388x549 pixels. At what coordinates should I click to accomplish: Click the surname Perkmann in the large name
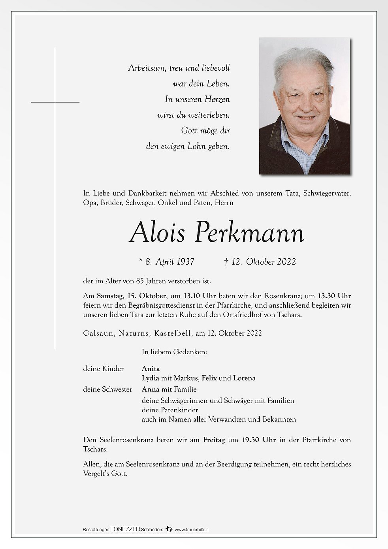point(250,233)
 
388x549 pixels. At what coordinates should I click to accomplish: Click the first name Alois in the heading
point(157,233)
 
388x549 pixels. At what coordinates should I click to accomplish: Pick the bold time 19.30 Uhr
point(259,440)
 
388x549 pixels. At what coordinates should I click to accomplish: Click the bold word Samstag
point(110,296)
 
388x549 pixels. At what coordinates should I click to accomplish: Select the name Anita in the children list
point(151,369)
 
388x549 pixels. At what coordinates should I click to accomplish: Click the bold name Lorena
point(244,378)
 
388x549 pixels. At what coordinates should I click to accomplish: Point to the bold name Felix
point(209,378)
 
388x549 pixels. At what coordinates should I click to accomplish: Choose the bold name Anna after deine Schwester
point(151,389)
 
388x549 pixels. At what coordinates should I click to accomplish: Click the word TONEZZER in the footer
point(125,530)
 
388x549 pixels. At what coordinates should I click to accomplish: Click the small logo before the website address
point(169,529)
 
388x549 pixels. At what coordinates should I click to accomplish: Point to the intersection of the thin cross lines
point(55,102)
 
